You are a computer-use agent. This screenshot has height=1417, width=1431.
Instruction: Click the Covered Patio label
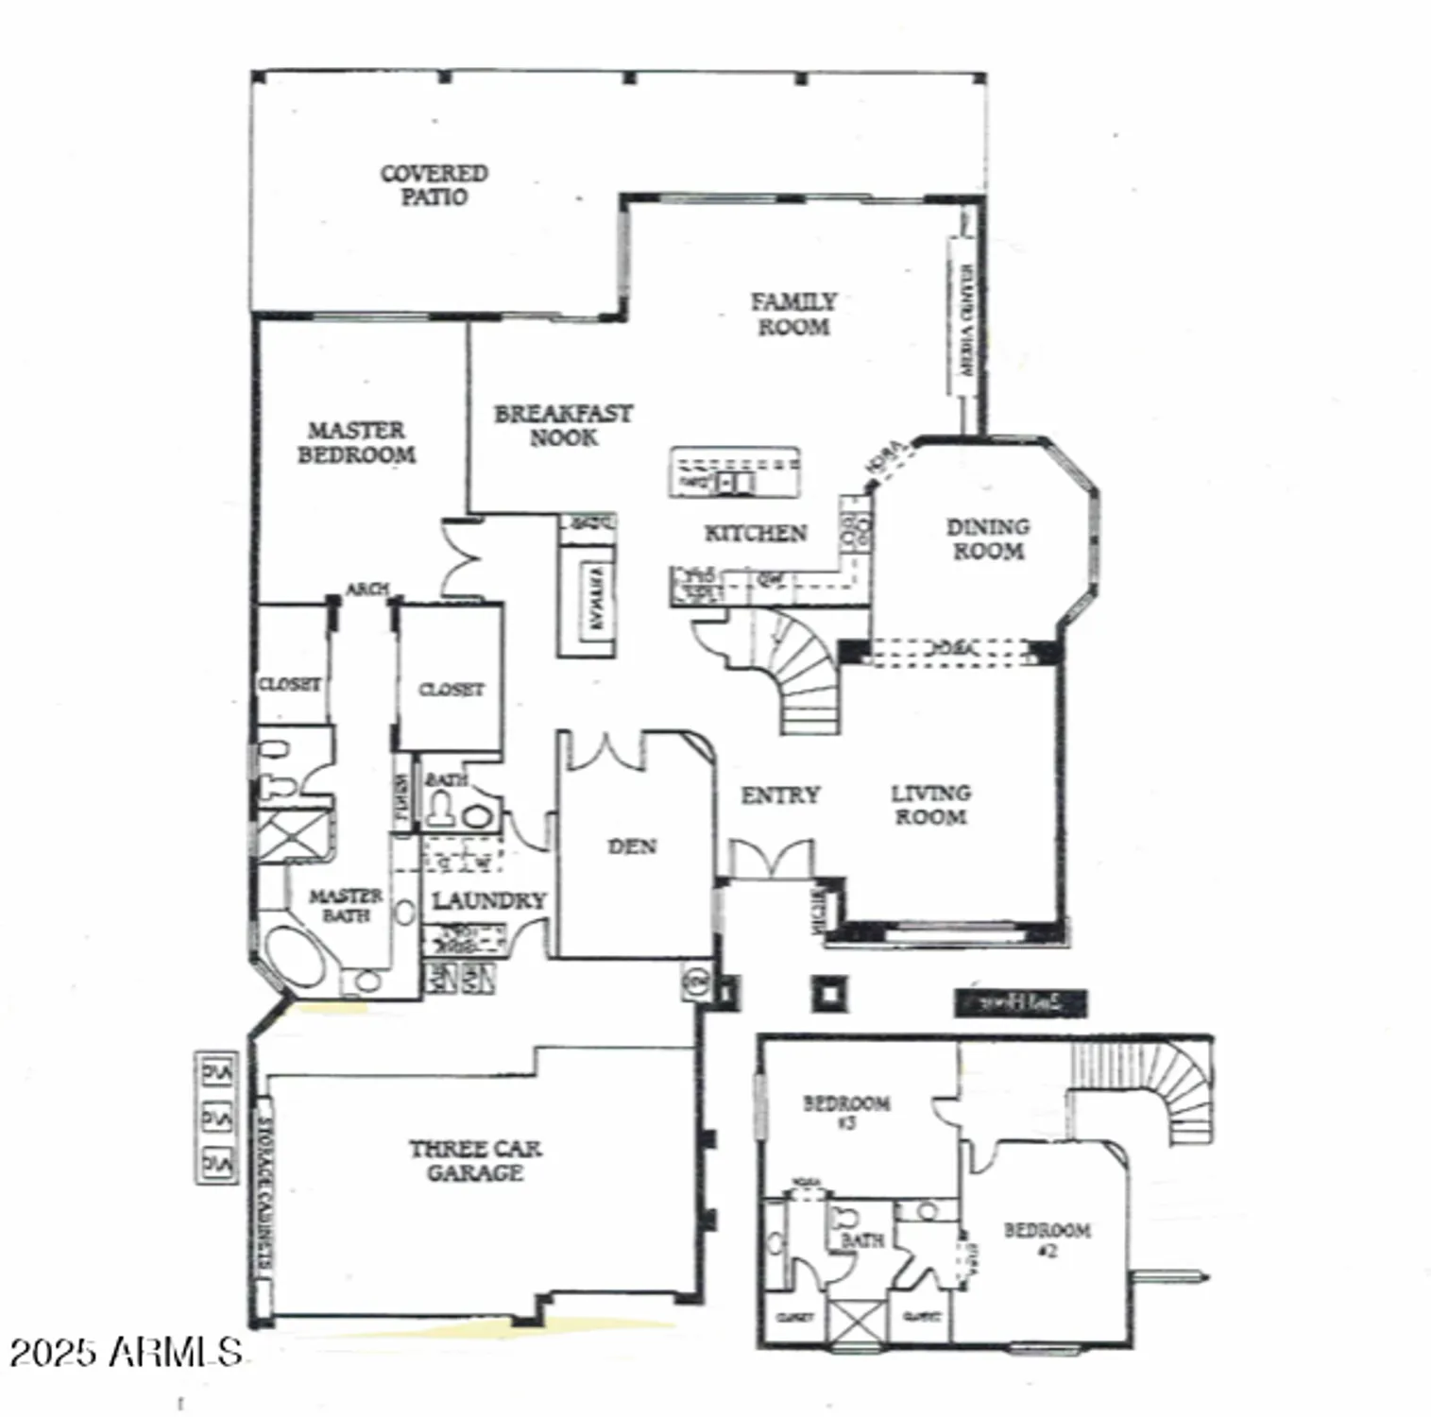tap(434, 185)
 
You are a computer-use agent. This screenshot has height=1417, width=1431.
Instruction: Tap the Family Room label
tap(793, 314)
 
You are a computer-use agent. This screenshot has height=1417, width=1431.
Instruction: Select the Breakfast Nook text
tap(563, 425)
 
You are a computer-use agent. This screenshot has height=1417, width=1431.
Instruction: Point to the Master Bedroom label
tap(356, 442)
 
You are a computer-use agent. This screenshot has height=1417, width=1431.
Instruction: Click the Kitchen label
tap(756, 534)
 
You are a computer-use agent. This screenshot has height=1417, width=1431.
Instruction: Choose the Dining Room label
tap(988, 538)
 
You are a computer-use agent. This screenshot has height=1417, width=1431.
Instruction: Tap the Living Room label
tap(930, 805)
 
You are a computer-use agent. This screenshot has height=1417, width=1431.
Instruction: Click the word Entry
tap(779, 795)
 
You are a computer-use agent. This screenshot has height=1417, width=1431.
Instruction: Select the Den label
tap(632, 846)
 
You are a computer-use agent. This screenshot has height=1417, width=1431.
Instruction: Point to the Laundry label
tap(488, 901)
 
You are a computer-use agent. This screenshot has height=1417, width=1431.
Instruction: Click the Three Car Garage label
tap(475, 1160)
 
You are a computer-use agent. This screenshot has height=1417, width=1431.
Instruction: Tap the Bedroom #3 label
tap(845, 1112)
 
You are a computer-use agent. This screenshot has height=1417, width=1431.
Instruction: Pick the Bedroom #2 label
tap(1047, 1239)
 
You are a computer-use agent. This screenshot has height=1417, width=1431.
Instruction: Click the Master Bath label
tap(346, 905)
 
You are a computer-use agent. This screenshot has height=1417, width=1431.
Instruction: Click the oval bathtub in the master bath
tap(295, 958)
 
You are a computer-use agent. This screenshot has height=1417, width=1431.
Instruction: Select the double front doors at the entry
tap(772, 859)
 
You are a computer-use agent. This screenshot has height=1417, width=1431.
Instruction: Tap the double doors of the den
tap(605, 749)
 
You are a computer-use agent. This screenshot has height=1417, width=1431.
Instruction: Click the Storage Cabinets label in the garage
tap(265, 1194)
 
